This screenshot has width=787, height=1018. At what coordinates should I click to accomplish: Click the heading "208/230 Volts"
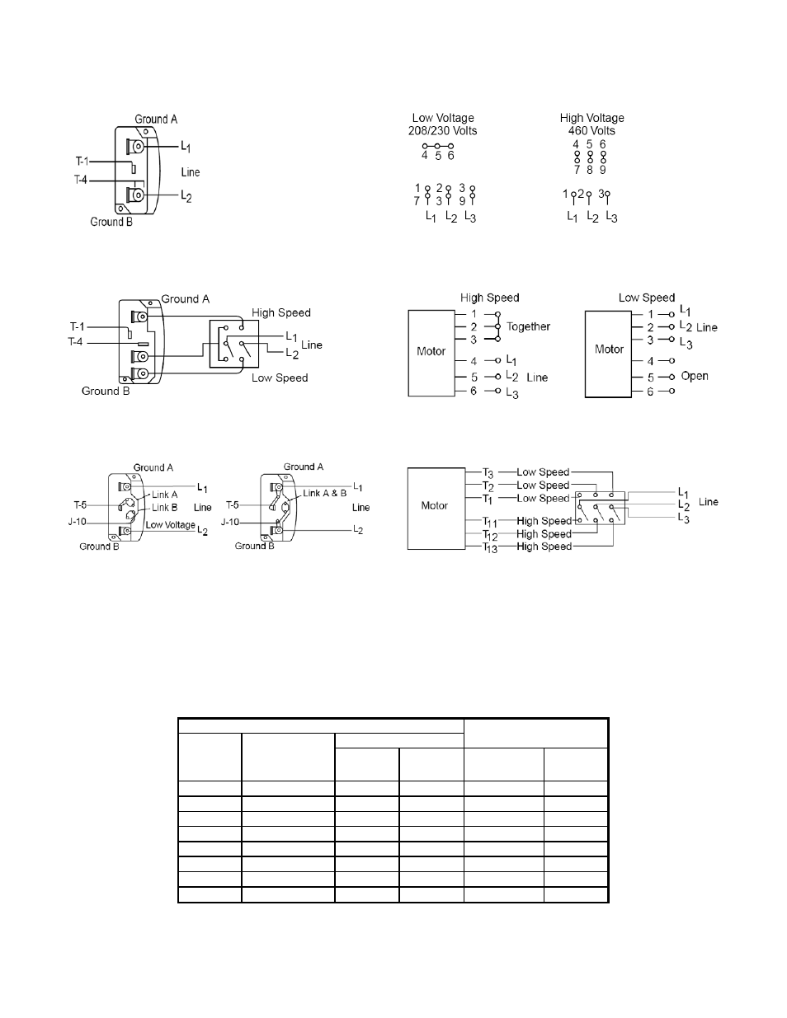442,131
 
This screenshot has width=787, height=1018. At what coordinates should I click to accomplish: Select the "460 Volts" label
591,131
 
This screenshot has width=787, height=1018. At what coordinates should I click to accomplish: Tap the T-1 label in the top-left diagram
82,162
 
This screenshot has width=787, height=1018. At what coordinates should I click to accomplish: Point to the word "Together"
528,326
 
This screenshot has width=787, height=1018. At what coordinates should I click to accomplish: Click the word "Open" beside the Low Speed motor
695,376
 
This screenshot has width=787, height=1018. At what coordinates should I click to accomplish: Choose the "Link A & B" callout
324,493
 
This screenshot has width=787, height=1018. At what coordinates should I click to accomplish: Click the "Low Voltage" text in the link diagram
170,525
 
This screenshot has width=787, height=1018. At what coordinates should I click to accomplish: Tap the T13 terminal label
490,547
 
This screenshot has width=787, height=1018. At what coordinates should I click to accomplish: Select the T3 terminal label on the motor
488,473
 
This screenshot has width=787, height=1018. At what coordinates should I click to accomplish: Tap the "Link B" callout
164,508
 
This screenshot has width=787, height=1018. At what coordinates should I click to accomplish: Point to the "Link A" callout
164,495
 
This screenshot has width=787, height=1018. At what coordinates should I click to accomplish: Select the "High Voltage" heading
592,118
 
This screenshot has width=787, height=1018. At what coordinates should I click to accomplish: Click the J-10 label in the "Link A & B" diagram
229,522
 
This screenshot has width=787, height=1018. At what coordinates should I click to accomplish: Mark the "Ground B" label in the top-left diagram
111,222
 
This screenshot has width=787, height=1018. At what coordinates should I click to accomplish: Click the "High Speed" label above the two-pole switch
280,313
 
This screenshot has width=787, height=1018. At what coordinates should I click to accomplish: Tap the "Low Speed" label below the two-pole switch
280,378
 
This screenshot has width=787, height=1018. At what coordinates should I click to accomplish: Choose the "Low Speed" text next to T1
543,499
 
